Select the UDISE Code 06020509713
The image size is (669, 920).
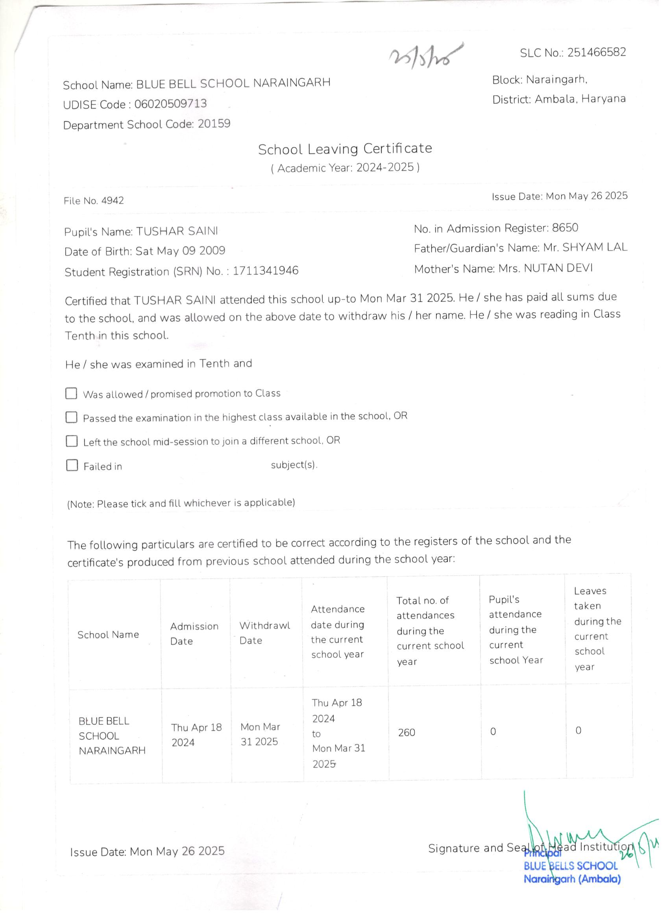pos(170,104)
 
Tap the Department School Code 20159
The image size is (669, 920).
pos(214,123)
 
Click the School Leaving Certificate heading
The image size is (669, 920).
pos(345,149)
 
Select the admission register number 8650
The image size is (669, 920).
pos(565,227)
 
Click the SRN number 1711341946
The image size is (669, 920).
pos(265,271)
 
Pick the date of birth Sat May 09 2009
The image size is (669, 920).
pos(180,251)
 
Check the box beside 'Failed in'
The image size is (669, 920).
pos(72,465)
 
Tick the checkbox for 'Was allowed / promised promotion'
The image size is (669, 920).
pos(71,393)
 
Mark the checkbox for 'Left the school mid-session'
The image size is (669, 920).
pos(72,441)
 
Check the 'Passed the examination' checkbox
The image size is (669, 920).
pos(71,417)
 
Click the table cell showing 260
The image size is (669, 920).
pos(406,732)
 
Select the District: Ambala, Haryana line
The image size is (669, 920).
pos(559,99)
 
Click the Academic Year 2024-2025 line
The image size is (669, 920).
pos(345,168)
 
